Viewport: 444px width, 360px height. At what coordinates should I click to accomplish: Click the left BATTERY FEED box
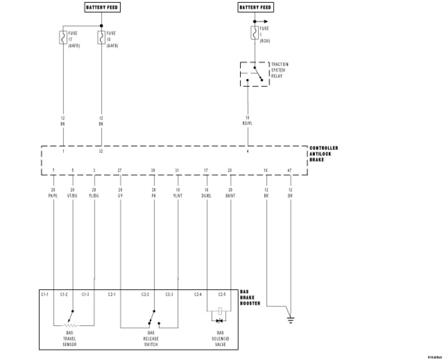point(101,7)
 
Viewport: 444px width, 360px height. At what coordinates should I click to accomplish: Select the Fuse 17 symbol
point(63,37)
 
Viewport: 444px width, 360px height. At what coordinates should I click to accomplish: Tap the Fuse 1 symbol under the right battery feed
point(254,33)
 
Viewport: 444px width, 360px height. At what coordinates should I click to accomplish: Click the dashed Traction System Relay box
point(253,74)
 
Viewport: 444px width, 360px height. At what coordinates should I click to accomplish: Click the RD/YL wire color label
point(248,124)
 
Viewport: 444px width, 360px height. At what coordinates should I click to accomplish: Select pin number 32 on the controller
point(101,151)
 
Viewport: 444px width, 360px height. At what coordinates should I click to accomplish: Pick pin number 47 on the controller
point(290,171)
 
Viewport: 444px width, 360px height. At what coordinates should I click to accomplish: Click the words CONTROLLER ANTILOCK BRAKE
point(324,154)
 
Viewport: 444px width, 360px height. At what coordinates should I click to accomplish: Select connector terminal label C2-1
point(112,294)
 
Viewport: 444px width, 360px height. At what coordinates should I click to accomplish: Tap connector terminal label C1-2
point(64,294)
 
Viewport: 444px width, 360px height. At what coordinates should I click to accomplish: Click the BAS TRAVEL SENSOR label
point(69,340)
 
